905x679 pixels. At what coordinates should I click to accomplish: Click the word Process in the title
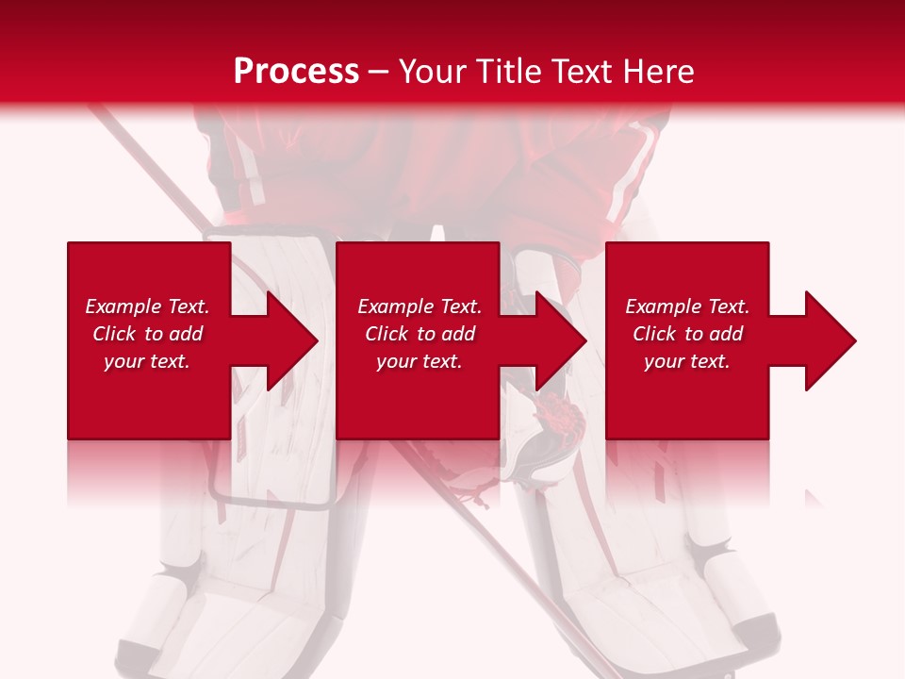point(296,72)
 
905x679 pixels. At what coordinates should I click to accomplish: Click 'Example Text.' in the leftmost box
point(147,306)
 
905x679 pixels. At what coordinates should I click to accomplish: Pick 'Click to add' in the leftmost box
point(147,334)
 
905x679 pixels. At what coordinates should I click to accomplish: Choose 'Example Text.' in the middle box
point(420,306)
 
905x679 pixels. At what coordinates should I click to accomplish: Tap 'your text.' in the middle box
point(420,361)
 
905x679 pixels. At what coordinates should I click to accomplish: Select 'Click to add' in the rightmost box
point(687,334)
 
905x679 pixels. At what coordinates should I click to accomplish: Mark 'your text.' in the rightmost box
point(687,361)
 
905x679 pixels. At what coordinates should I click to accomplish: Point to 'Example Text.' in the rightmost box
point(687,306)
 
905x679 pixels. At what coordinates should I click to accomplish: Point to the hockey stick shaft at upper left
point(141,160)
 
